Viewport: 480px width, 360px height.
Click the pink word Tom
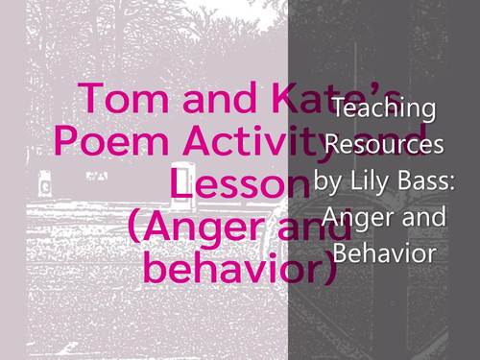pos(108,99)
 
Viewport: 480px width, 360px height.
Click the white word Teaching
pos(384,108)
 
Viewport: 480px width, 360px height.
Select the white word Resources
pos(384,145)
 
